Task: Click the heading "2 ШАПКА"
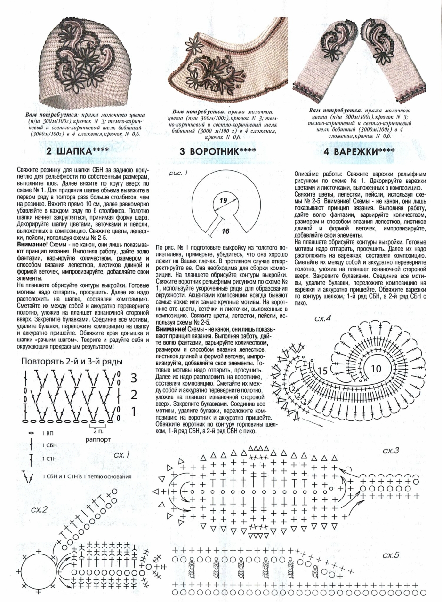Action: [78, 152]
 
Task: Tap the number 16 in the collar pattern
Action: [225, 232]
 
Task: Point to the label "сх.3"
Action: [390, 450]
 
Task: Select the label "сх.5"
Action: [390, 555]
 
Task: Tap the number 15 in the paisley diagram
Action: [323, 371]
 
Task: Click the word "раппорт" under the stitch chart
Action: [98, 439]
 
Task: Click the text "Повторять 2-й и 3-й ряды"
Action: [72, 362]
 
